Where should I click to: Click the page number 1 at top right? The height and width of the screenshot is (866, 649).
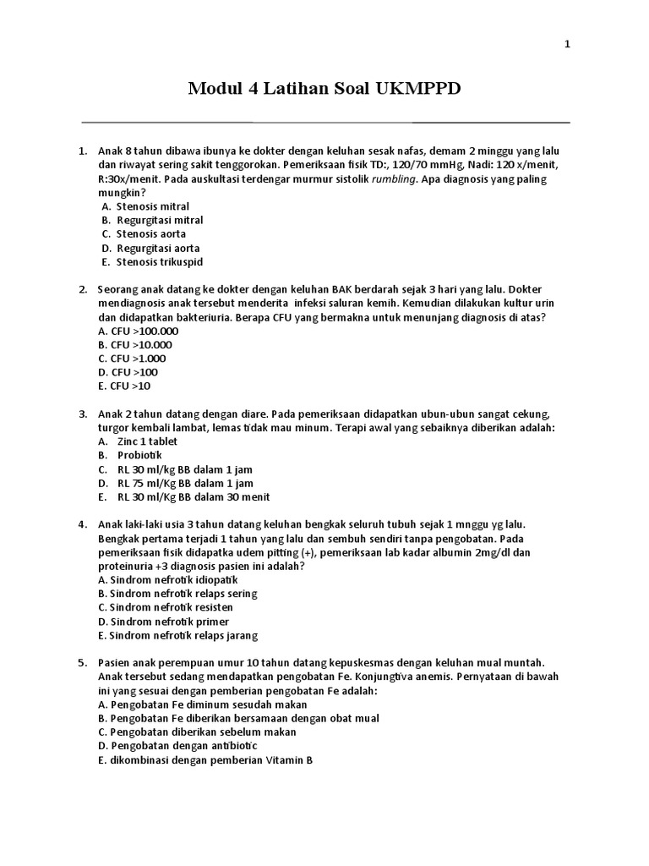point(568,45)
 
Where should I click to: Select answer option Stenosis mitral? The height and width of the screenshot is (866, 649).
point(153,206)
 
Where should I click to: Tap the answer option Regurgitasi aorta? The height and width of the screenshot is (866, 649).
point(158,248)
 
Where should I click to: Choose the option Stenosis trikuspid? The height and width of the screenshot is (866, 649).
point(160,262)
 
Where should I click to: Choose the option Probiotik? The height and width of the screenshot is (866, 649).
point(139,456)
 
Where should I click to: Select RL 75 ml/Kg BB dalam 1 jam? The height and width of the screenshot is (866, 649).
point(185,483)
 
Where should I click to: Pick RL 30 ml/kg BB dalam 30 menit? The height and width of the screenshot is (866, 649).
point(194,497)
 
